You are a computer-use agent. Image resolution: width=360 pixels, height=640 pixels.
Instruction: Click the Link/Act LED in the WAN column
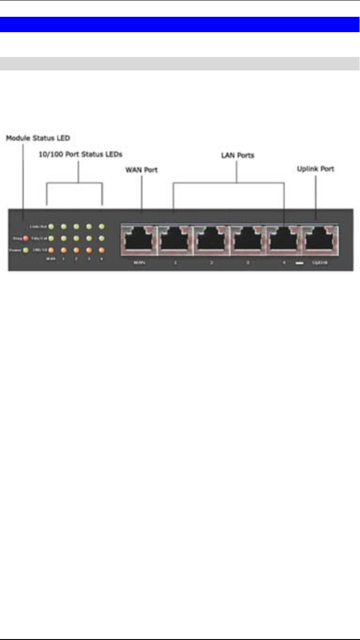(x=52, y=227)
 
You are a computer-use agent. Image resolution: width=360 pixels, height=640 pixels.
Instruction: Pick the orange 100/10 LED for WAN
(x=52, y=250)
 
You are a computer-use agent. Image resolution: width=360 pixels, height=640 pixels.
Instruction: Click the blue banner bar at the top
(x=180, y=24)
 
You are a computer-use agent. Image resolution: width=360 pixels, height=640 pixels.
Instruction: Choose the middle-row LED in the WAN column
(x=52, y=238)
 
